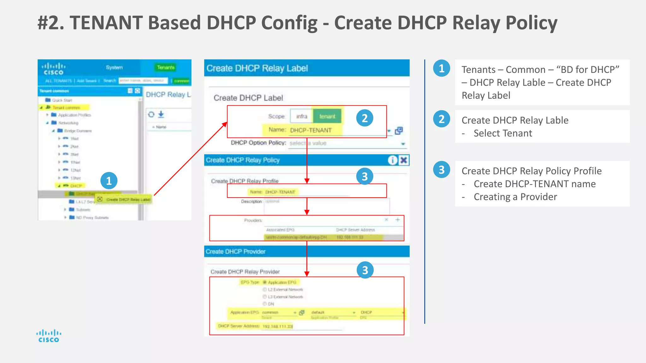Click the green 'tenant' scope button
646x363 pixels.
coord(327,116)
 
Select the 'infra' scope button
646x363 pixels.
coord(302,116)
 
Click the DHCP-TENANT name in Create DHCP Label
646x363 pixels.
coord(311,130)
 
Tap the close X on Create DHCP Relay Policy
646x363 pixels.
coord(404,160)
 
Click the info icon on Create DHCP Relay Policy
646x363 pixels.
coord(392,160)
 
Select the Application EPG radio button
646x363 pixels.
coord(265,282)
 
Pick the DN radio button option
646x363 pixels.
coord(265,304)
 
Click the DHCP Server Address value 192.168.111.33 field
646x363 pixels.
coord(278,326)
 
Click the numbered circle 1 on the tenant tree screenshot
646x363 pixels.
coord(109,181)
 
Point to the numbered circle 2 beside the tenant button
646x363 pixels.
coord(365,118)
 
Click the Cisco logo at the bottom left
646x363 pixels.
coord(49,336)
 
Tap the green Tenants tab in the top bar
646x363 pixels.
coord(166,67)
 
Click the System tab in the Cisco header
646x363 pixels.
coord(114,67)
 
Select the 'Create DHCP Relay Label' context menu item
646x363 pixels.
coord(128,199)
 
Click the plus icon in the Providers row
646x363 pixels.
coord(398,220)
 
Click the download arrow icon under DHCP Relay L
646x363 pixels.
coord(161,114)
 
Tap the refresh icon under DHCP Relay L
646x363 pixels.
coord(151,114)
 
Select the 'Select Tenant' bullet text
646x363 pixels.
coord(503,133)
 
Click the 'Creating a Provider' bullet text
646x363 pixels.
coord(515,197)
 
